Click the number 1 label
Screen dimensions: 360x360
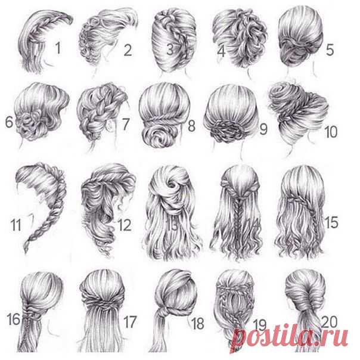click(58, 48)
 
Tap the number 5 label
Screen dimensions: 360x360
click(330, 50)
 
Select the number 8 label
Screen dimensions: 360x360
click(191, 126)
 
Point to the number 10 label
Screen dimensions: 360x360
click(331, 132)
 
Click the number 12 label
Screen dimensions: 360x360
click(124, 225)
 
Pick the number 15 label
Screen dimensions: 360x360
click(331, 222)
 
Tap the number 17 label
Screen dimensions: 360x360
click(130, 322)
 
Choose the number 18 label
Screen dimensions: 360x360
click(198, 323)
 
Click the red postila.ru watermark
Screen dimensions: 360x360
click(289, 336)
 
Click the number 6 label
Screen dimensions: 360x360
click(9, 122)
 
